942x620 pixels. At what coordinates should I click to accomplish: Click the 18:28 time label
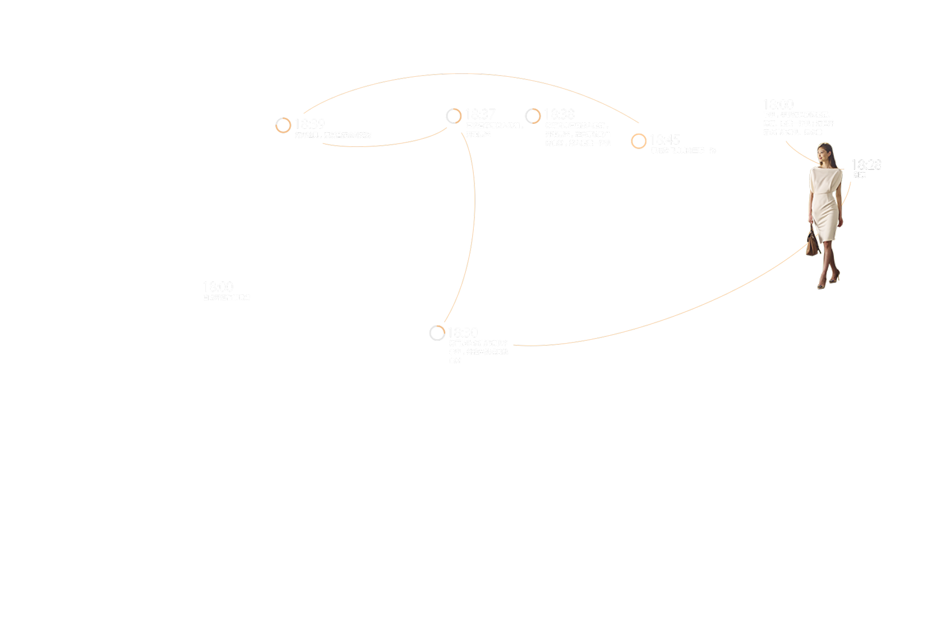pos(866,165)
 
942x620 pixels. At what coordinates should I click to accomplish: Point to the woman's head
pos(825,152)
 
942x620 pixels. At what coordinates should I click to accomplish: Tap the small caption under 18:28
pos(860,175)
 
